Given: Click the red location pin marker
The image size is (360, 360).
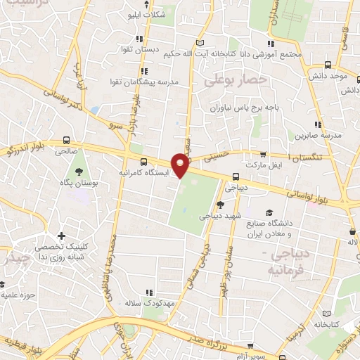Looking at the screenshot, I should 181,165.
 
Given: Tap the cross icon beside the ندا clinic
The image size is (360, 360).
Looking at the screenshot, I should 62,236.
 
